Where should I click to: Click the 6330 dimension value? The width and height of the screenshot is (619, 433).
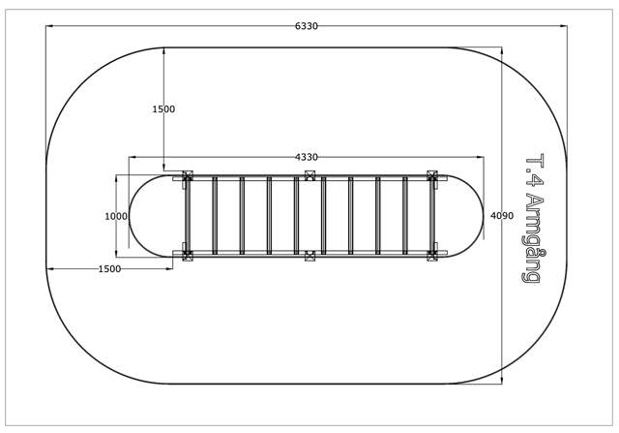[x=307, y=26]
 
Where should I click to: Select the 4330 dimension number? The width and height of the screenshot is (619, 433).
[x=307, y=157]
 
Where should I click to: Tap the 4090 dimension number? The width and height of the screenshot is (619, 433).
[x=502, y=215]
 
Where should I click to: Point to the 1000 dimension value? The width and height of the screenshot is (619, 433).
[x=116, y=216]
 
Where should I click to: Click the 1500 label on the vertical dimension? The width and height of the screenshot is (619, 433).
[x=163, y=109]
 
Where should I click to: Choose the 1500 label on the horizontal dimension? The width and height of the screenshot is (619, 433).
[x=109, y=269]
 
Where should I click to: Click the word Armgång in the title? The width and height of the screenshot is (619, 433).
[x=534, y=239]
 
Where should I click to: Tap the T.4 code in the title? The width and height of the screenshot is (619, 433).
[x=534, y=170]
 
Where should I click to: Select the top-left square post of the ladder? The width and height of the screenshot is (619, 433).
[x=187, y=175]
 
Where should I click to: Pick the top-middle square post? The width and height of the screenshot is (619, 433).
[x=310, y=175]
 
